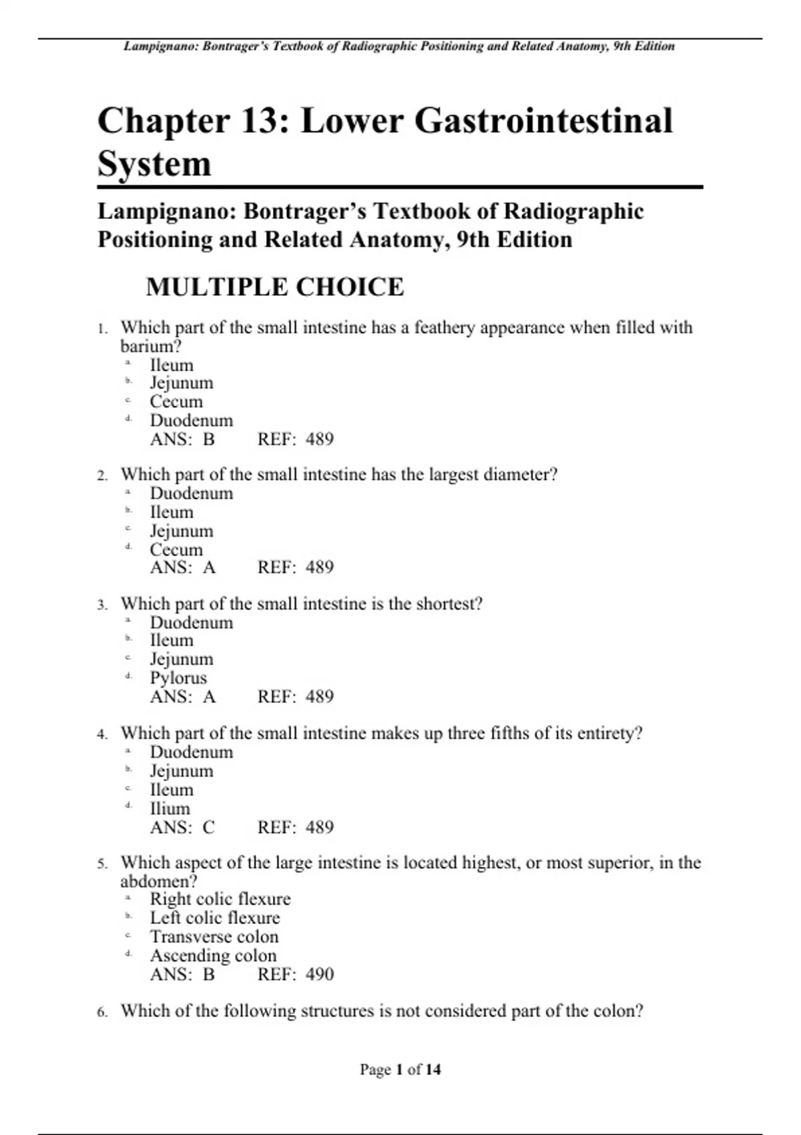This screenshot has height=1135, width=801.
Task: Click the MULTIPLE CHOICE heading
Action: click(274, 287)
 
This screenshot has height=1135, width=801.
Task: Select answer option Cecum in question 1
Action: click(176, 401)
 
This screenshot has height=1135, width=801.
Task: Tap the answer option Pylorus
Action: click(178, 678)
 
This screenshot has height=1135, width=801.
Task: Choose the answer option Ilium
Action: click(170, 809)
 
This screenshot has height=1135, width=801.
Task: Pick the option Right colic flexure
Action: click(220, 899)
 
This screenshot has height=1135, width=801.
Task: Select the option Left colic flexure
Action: click(214, 917)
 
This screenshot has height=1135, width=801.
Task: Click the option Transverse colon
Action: click(214, 936)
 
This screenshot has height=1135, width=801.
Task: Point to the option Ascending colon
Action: click(213, 955)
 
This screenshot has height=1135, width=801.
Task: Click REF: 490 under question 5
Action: click(295, 974)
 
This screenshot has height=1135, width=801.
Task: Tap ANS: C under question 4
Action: click(182, 827)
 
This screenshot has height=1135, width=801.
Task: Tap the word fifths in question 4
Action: click(509, 733)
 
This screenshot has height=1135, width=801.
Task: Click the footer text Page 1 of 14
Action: click(400, 1070)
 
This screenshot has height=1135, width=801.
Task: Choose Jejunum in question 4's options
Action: click(181, 771)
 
